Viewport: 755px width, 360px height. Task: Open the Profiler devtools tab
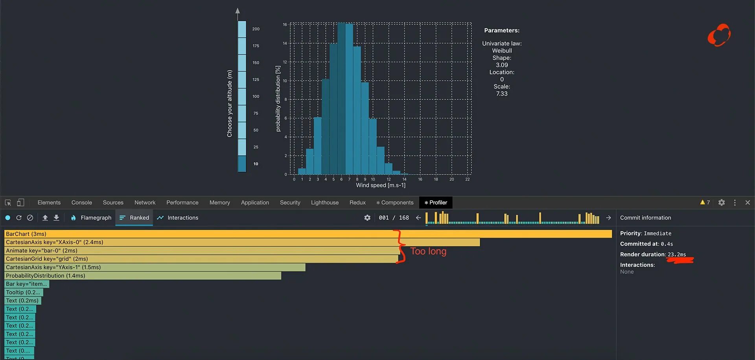tap(436, 203)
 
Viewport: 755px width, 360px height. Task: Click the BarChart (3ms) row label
tap(26, 234)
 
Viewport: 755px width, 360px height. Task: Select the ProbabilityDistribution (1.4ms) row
tap(46, 276)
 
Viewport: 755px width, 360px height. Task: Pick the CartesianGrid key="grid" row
tap(47, 259)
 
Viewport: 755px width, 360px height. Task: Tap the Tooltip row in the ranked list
tap(23, 292)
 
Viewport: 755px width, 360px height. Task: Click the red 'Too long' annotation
tap(428, 251)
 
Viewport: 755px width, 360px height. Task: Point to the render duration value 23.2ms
tap(677, 255)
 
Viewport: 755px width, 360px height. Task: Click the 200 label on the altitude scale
tap(256, 29)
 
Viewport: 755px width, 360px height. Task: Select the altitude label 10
tap(256, 164)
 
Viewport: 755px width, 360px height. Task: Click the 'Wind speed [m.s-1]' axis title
tap(380, 185)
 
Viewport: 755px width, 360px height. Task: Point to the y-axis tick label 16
tap(285, 25)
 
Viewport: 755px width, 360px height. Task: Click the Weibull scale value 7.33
tap(502, 94)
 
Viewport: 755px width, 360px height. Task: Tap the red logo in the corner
tap(719, 35)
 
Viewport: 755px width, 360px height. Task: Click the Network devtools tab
tap(145, 203)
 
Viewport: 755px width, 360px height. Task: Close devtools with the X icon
tap(748, 203)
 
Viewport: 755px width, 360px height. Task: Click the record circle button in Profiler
tap(8, 218)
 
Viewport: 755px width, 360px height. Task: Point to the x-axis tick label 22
tap(467, 179)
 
